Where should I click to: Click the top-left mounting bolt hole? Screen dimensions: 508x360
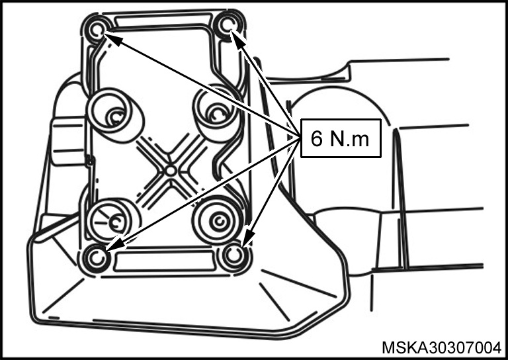96,30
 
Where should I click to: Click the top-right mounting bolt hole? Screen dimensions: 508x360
228,25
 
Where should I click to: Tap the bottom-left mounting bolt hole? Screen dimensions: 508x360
96,258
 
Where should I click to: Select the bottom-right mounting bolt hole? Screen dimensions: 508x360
234,255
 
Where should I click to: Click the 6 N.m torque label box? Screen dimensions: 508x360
341,138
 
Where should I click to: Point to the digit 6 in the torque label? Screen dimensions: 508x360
317,138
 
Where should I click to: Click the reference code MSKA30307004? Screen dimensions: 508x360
441,348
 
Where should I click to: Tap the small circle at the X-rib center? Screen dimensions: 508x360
171,171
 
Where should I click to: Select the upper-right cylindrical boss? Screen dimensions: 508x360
216,112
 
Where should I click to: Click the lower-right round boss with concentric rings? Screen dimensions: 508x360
218,220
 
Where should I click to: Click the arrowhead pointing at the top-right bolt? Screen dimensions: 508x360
238,39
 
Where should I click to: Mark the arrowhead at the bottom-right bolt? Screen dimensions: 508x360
247,238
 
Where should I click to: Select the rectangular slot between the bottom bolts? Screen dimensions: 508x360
165,260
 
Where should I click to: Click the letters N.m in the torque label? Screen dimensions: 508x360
350,139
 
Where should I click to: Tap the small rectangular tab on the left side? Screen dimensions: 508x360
68,141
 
